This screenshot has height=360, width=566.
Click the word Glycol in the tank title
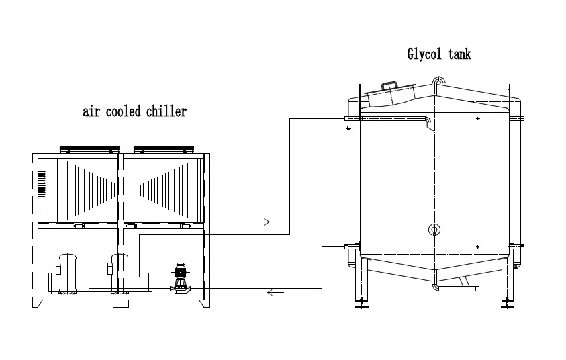(424, 54)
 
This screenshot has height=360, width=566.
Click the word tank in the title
(459, 54)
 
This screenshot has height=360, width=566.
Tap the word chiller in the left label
(167, 111)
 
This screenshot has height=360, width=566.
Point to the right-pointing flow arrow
(260, 222)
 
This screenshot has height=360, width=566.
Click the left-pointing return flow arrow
(275, 292)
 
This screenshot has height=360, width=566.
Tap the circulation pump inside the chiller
(180, 277)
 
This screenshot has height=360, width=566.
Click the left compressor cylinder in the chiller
(68, 273)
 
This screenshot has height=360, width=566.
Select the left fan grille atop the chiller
(90, 150)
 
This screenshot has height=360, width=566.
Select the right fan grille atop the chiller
(164, 150)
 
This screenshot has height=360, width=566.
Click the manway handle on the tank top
(390, 85)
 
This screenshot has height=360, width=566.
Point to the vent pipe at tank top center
(438, 81)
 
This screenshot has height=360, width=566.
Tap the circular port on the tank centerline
(434, 229)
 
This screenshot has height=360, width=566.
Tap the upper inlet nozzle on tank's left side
(352, 118)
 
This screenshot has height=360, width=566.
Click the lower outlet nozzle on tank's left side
(352, 246)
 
